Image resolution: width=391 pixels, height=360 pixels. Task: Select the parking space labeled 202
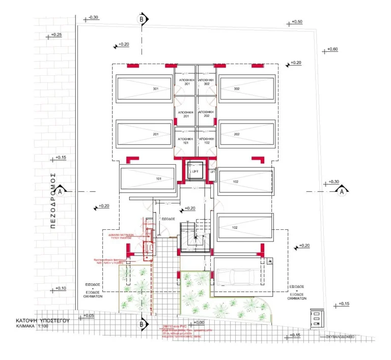[x=246, y=134]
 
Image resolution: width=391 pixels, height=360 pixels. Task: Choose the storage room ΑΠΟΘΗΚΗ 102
[x=206, y=141]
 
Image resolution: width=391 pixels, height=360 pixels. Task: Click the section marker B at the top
[x=142, y=19]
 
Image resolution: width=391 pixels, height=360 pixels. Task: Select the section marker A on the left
[x=60, y=191]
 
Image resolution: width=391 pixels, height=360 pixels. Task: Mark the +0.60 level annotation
[x=329, y=49]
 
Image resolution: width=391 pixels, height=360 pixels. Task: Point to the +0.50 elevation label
[x=296, y=22]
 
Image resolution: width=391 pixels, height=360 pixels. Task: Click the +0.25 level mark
[x=55, y=35]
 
